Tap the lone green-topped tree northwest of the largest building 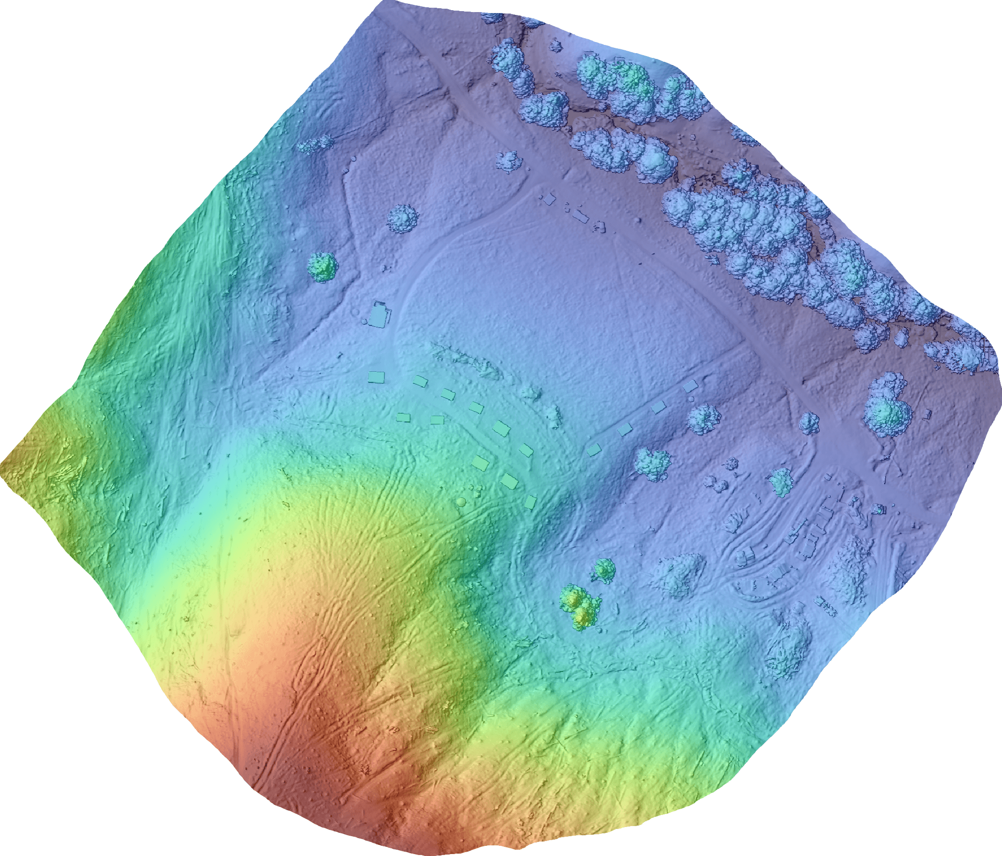323,267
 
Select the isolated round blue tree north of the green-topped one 402,219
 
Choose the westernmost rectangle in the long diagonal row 376,377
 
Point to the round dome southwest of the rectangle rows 461,502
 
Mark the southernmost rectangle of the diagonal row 531,502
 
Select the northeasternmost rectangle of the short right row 690,386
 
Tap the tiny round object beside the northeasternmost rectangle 691,398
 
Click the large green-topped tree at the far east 888,411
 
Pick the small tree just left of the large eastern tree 809,422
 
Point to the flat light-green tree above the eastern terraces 780,482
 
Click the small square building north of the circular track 549,198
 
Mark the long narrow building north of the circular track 579,216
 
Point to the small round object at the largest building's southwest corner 364,322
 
